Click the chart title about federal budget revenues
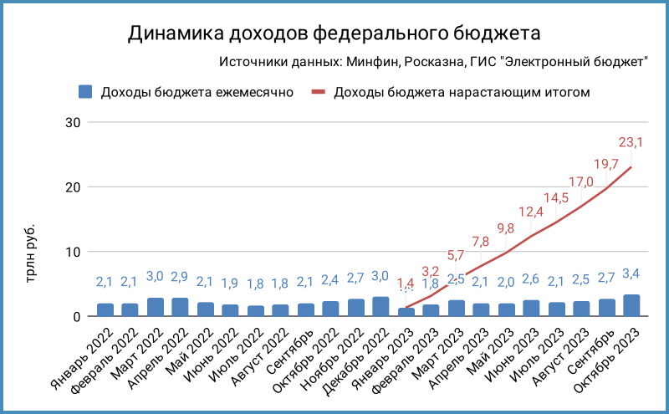click(x=334, y=33)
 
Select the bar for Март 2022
click(x=156, y=307)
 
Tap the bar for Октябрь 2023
click(x=632, y=306)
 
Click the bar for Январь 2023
click(x=406, y=312)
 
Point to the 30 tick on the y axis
click(x=73, y=122)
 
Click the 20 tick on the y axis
click(x=73, y=187)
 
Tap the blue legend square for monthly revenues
click(x=84, y=92)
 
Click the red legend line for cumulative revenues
click(x=318, y=92)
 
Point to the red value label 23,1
click(x=630, y=143)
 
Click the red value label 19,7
click(x=605, y=164)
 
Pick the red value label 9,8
click(x=505, y=227)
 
